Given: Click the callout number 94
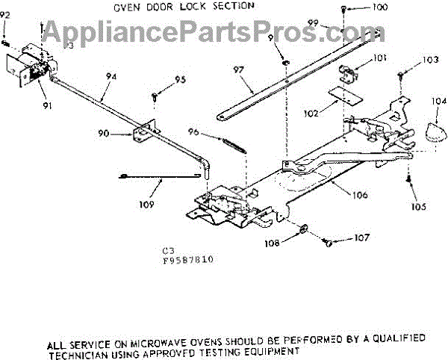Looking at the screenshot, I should pyautogui.click(x=111, y=75).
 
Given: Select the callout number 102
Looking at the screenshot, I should pyautogui.click(x=311, y=113).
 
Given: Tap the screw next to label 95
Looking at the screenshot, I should pyautogui.click(x=155, y=96).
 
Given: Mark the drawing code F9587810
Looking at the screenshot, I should pyautogui.click(x=187, y=261).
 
